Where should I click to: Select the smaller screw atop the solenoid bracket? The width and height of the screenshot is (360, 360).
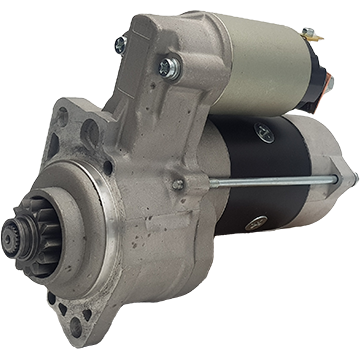121,45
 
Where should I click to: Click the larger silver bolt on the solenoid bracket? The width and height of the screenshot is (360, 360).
166,68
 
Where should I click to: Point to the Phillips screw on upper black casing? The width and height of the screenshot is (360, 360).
263,129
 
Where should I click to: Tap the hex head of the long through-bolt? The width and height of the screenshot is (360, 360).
178,185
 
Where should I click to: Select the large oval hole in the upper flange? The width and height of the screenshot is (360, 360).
90,131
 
